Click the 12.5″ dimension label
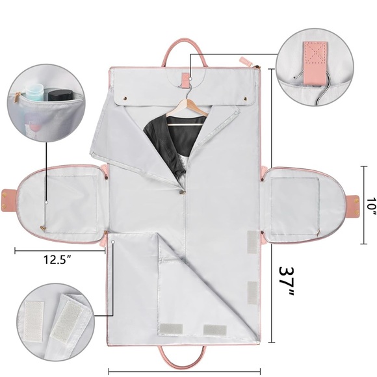[x=57, y=259]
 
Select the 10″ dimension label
[x=372, y=207]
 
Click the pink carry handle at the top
[x=184, y=52]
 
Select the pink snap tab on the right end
[x=353, y=205]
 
